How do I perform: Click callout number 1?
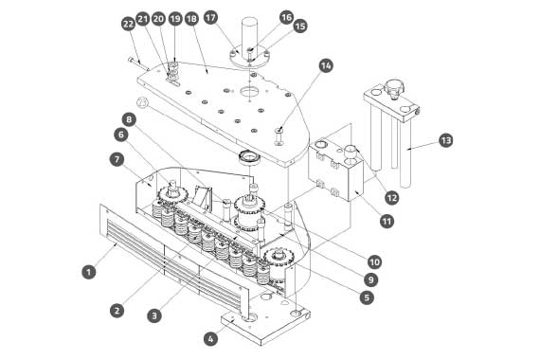point(89,272)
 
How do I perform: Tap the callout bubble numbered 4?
point(210,338)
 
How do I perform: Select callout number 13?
point(445,140)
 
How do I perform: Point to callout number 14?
point(326,65)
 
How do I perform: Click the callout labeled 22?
point(128,24)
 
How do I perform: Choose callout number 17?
point(210,17)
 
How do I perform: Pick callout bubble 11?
point(387,221)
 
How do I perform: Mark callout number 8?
point(129,119)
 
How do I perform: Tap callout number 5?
point(367,297)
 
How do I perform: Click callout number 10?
point(374,262)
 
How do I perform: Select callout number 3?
point(154,315)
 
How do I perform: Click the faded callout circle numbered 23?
point(142,102)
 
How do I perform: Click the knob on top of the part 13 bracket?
point(394,87)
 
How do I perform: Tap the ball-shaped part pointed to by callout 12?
point(351,153)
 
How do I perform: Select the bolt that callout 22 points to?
point(138,64)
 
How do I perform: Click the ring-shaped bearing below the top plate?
point(250,158)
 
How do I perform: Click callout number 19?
point(175,18)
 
